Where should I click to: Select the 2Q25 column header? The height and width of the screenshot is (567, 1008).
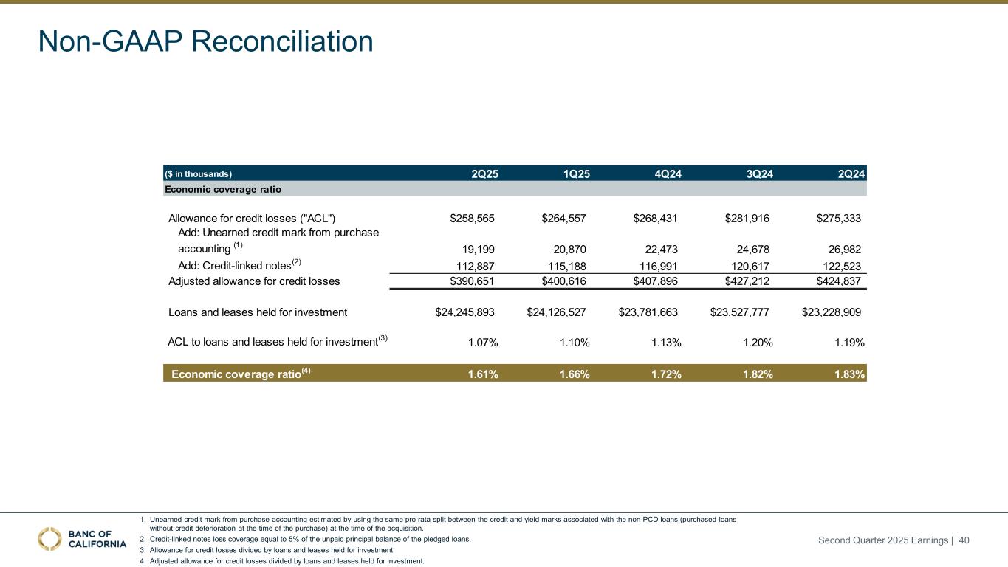point(484,174)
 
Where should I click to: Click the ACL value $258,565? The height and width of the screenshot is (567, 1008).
point(472,218)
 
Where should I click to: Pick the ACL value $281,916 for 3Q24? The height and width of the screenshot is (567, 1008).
point(747,218)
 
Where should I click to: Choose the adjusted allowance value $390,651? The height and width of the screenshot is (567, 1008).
point(472,281)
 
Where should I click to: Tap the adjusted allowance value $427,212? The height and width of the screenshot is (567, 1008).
point(747,281)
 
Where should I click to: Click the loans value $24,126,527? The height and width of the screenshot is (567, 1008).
point(556,312)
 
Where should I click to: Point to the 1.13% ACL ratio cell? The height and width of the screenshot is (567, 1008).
point(666,343)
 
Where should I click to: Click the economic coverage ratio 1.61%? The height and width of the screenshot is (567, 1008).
point(483,374)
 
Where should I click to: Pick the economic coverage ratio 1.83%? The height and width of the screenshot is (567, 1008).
point(849,374)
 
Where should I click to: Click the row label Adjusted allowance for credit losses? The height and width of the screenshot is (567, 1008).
point(254,281)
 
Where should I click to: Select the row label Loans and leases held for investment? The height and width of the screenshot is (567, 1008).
point(258,312)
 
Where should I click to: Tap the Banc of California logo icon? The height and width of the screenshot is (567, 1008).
point(49,539)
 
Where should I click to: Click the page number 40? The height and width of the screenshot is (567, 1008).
point(964,541)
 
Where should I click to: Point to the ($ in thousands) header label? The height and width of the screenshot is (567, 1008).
point(198,174)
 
